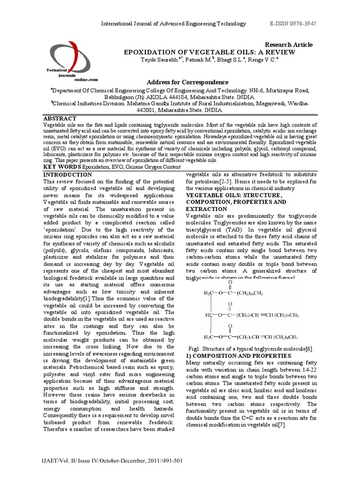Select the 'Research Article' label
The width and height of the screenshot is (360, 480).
pyautogui.click(x=289, y=45)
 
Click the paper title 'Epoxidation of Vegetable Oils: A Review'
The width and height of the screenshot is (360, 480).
pyautogui.click(x=209, y=52)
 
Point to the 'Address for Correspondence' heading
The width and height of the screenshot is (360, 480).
pyautogui.click(x=187, y=82)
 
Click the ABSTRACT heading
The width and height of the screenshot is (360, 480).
pyautogui.click(x=60, y=119)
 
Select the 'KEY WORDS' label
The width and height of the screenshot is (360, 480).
pyautogui.click(x=62, y=167)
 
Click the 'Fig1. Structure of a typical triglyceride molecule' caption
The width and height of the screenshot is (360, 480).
pyautogui.click(x=250, y=349)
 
